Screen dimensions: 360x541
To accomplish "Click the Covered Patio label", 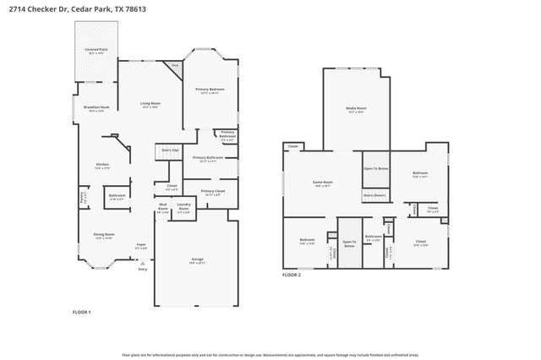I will [96, 51].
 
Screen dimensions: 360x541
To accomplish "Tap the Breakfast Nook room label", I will [96, 107].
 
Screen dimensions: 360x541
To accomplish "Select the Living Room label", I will [150, 104].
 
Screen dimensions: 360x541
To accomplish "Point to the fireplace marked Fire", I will [176, 65].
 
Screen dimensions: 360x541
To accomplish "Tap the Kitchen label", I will [102, 165].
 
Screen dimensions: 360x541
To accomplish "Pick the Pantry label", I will [83, 196].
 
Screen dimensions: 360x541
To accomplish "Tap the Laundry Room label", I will [183, 205].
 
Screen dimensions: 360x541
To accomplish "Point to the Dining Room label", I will [104, 235].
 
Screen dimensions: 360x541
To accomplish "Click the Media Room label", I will [356, 109].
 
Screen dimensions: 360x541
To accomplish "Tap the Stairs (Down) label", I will [374, 194].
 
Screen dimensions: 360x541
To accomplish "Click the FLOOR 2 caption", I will [292, 274].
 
